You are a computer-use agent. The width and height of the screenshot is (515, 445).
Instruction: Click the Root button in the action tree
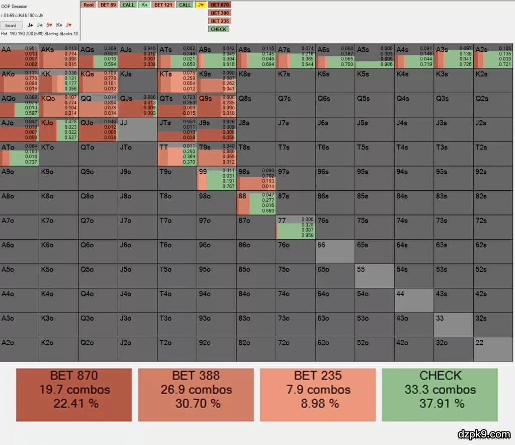point(89,5)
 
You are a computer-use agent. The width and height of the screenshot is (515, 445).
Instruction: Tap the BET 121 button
point(163,5)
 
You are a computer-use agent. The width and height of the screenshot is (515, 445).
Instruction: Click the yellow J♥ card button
point(201,5)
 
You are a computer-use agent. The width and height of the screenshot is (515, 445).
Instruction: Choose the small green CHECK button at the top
point(219,29)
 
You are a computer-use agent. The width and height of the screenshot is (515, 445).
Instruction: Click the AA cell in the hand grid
point(20,56)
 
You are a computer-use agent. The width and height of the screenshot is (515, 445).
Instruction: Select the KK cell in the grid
point(59,80)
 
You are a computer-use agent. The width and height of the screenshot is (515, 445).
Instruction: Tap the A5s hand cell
point(374,56)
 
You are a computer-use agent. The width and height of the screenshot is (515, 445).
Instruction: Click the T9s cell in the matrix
point(217,154)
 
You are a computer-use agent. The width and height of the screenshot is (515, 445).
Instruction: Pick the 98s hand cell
point(256,178)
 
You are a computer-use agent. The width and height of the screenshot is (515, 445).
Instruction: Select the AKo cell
point(20,80)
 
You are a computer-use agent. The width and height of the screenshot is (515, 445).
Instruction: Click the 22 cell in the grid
point(492,349)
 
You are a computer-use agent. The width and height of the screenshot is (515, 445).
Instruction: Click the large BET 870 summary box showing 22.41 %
point(74,395)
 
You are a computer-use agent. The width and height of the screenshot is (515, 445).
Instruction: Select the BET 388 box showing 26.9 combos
point(196,395)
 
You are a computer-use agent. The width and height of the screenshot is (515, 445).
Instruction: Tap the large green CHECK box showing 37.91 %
point(440,395)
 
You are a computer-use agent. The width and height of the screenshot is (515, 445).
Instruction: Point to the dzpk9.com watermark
point(483,433)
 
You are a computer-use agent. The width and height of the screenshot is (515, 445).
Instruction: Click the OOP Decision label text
point(15,7)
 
